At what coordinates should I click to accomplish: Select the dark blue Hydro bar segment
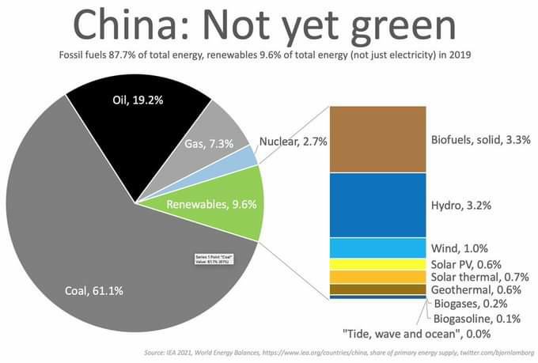pyautogui.click(x=378, y=205)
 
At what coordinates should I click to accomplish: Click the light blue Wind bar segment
pyautogui.click(x=378, y=248)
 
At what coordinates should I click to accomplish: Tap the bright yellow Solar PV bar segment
pyautogui.click(x=378, y=264)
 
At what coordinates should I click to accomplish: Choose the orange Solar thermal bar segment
pyautogui.click(x=378, y=277)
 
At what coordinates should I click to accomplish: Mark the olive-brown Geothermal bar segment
pyautogui.click(x=378, y=289)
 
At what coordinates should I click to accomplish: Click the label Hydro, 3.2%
pyautogui.click(x=461, y=205)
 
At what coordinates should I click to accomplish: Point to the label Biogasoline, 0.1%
pyautogui.click(x=475, y=319)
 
